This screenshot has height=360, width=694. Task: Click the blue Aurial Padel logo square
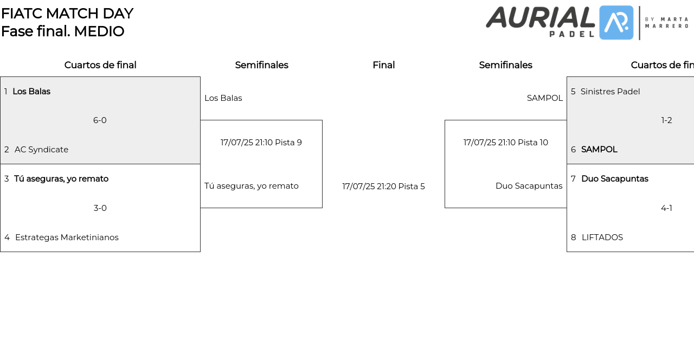click(x=616, y=23)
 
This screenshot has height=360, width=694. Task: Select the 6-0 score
click(x=100, y=120)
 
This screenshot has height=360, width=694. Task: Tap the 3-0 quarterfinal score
click(x=100, y=208)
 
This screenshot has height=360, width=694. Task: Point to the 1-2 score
click(x=666, y=120)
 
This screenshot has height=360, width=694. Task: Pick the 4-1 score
click(x=666, y=208)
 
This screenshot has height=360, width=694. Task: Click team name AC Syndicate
click(x=42, y=150)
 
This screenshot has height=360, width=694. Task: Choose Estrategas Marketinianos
click(x=67, y=237)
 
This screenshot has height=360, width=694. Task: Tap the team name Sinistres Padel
click(x=610, y=92)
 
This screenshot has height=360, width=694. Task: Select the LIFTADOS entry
click(x=602, y=237)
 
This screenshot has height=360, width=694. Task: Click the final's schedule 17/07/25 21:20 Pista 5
click(x=383, y=187)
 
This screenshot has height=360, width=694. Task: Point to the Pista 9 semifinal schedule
click(x=261, y=143)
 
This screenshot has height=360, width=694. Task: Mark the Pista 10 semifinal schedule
click(x=506, y=143)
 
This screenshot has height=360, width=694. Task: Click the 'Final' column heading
click(x=383, y=65)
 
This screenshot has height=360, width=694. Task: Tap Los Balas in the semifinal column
click(x=223, y=98)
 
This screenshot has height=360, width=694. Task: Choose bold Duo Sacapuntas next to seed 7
click(x=615, y=179)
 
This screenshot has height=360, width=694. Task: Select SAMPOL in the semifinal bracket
click(x=545, y=98)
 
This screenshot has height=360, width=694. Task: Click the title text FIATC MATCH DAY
click(x=67, y=14)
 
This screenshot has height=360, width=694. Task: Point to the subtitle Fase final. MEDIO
click(x=62, y=31)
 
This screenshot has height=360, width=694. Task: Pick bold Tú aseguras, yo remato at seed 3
click(x=61, y=179)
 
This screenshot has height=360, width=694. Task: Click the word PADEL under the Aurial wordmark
click(x=572, y=34)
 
